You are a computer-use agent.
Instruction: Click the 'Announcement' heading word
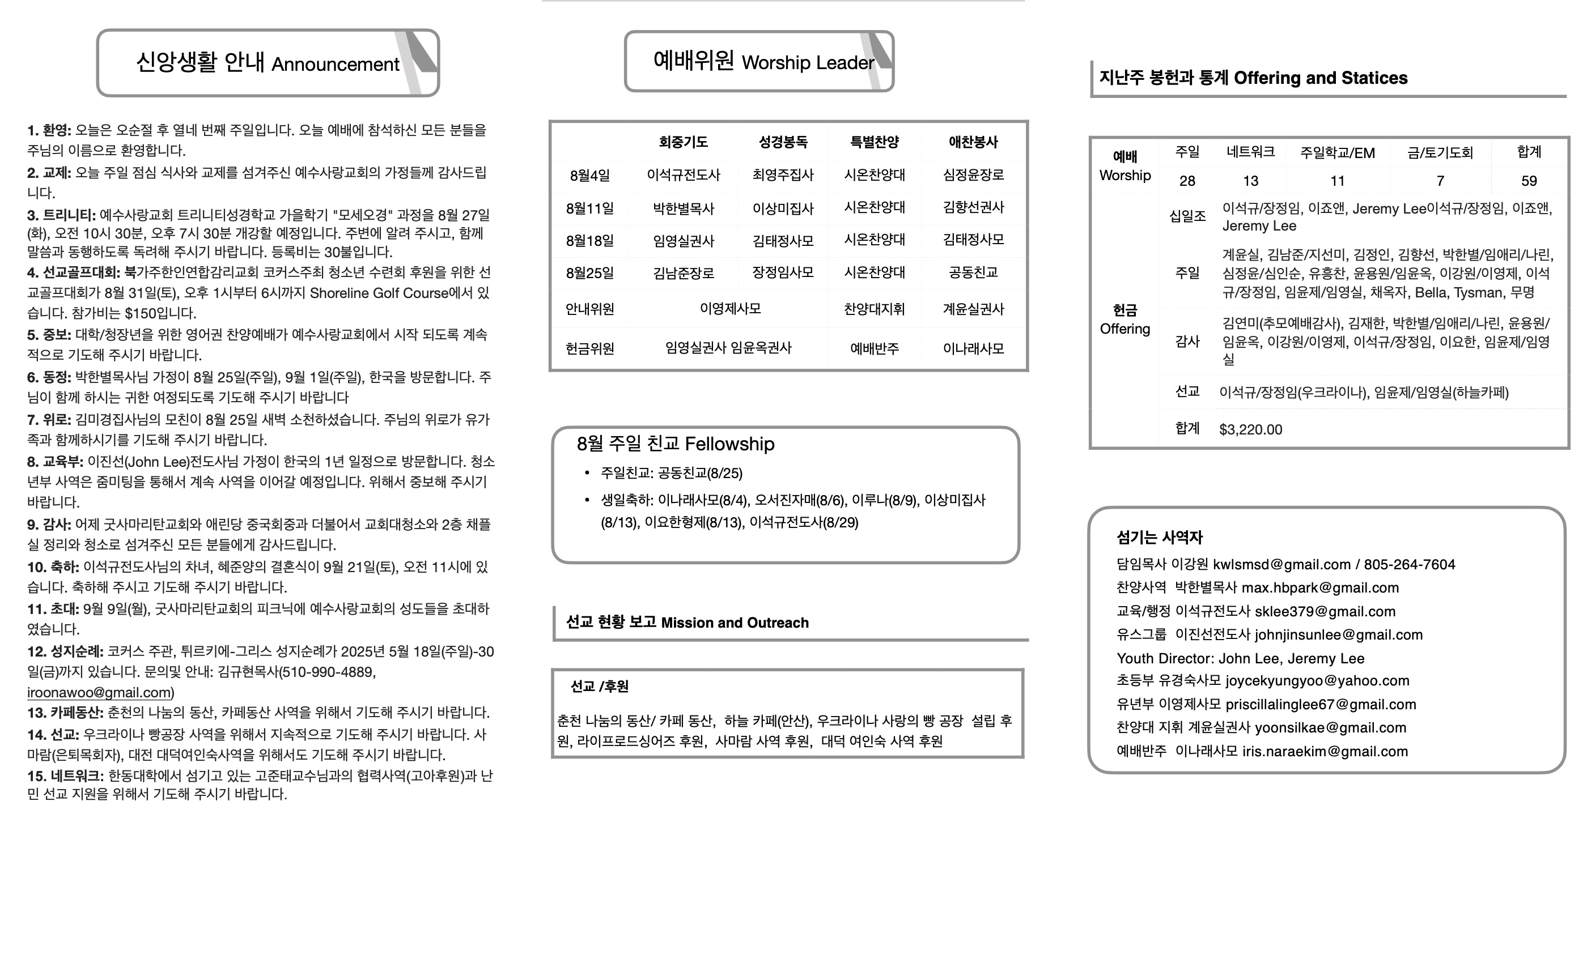tap(335, 65)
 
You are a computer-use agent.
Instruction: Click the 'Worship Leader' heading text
tap(808, 62)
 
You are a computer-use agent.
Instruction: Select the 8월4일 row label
tap(589, 175)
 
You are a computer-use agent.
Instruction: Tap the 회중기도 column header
tap(683, 142)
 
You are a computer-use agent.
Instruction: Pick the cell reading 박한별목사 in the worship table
tap(683, 208)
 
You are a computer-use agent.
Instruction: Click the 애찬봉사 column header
tap(973, 142)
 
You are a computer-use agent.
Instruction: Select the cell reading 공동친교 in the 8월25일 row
tap(973, 272)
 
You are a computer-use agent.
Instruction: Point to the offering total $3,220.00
tap(1250, 429)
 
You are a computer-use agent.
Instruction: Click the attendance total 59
tap(1529, 181)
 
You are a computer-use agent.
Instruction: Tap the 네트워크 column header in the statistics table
tap(1250, 152)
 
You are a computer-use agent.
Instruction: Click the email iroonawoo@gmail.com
tap(99, 693)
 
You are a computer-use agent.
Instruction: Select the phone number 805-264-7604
tap(1409, 565)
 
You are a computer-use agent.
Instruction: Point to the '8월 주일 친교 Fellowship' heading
tap(675, 444)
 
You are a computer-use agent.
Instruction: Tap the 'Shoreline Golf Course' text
tap(379, 293)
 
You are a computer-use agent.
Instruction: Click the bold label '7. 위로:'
tap(49, 420)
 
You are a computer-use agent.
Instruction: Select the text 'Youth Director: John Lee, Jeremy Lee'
tap(1240, 658)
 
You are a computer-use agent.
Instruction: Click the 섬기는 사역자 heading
tap(1159, 538)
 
